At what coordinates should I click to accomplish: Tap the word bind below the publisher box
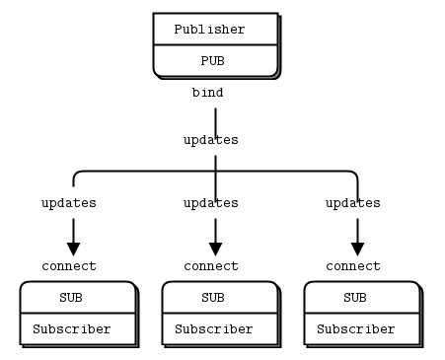click(207, 93)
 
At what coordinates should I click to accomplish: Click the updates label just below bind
click(210, 140)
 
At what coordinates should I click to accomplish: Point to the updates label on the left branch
click(68, 203)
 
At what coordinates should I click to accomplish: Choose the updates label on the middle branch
click(210, 203)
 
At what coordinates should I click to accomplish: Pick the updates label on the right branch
click(352, 203)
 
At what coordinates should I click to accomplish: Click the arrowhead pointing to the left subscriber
click(73, 249)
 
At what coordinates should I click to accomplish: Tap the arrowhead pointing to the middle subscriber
click(215, 249)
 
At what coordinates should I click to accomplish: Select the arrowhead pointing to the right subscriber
click(357, 249)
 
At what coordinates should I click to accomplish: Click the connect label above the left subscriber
click(69, 266)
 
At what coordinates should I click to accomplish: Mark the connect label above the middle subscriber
click(211, 266)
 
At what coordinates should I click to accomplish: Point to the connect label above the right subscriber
click(353, 266)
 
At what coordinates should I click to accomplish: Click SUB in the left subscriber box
click(71, 297)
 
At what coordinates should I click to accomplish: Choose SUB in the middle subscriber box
click(213, 297)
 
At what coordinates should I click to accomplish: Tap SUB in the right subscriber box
click(355, 297)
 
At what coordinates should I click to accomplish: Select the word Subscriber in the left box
click(71, 329)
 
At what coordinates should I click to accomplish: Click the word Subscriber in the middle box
click(213, 329)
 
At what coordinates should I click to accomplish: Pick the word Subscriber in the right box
click(355, 329)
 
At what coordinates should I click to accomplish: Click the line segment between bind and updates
click(215, 116)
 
